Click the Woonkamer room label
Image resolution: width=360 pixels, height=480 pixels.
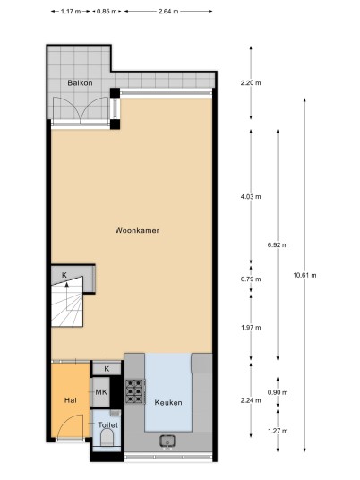pos(137,230)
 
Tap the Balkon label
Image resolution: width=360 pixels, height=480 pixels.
pos(80,83)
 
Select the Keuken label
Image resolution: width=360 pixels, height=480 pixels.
pos(168,403)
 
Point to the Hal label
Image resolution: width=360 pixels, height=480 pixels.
pos(71,400)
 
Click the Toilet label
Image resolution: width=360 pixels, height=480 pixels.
pos(107,424)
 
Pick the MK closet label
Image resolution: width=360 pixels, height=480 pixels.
pos(101,392)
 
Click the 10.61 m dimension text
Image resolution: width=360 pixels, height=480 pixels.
pos(304,275)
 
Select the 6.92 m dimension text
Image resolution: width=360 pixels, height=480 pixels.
pos(278,244)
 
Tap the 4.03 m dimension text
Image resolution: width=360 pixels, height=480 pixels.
pos(251,196)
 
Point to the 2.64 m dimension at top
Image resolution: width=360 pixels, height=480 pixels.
pos(168,12)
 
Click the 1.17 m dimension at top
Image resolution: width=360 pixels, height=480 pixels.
pos(71,12)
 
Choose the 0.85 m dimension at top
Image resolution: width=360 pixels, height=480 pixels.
pos(107,12)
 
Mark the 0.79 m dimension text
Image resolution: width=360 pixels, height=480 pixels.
pos(251,279)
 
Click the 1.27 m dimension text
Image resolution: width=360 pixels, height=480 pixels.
pos(278,431)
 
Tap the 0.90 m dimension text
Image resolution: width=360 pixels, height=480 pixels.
pos(278,392)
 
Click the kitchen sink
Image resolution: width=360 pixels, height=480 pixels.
pos(167,441)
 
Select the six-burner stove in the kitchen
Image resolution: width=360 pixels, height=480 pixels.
pos(135,391)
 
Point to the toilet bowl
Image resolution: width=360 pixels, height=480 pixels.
pos(107,437)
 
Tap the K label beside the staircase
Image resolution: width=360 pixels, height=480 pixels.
pos(64,275)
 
